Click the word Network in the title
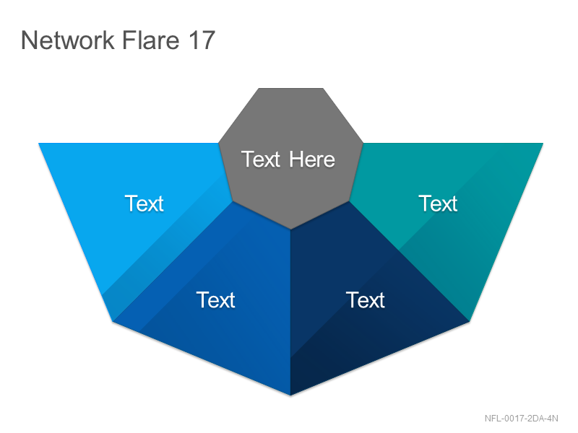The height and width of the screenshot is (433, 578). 68,40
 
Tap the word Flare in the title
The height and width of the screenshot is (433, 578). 151,40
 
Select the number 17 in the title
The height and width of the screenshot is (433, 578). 202,40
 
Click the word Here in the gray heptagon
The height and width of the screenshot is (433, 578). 312,159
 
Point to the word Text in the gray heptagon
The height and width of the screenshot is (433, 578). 261,159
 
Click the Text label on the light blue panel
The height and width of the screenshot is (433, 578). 144,204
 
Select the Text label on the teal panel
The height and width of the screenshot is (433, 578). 438,204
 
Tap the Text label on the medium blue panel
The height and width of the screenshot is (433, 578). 215,300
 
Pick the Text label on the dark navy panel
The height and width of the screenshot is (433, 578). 366,300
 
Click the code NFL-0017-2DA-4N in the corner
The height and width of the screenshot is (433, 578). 521,419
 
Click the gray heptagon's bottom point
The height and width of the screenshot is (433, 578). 290,229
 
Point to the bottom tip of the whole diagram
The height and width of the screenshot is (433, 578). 290,395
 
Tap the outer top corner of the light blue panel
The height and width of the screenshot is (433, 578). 39,143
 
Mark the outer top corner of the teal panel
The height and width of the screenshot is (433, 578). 543,143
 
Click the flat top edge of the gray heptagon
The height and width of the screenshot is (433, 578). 291,88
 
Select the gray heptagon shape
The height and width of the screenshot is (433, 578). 290,154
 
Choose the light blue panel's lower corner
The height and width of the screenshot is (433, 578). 113,321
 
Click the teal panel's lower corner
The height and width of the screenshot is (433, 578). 469,321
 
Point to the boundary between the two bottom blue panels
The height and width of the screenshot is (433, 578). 290,312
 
